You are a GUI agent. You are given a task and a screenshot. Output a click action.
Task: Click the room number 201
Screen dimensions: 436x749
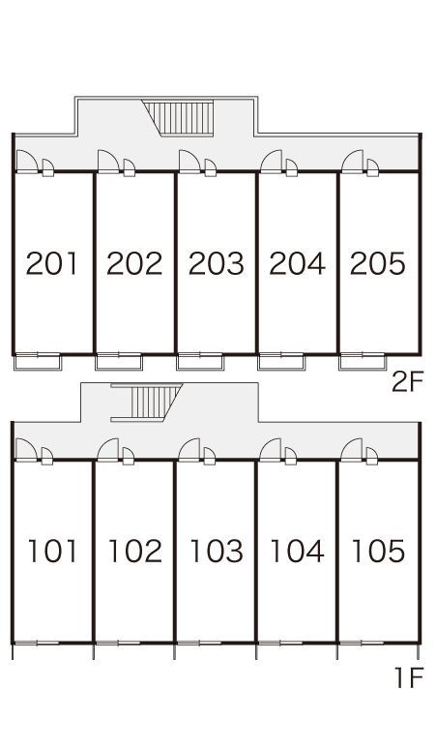tap(51, 263)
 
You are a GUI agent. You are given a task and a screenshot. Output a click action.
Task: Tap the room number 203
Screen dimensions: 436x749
tap(217, 263)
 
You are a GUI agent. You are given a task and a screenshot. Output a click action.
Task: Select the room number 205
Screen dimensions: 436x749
tap(378, 263)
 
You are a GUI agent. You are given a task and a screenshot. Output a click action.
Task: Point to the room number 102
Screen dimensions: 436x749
tap(135, 551)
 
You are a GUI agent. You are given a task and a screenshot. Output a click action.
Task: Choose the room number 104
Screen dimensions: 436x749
tap(297, 551)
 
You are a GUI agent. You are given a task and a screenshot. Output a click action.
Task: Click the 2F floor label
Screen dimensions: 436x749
tap(407, 382)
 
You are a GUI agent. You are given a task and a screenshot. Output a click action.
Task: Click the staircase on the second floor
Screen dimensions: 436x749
tap(179, 118)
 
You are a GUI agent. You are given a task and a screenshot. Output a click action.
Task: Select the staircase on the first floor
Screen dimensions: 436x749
tap(147, 403)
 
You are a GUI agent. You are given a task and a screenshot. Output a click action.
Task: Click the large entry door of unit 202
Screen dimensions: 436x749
tap(108, 161)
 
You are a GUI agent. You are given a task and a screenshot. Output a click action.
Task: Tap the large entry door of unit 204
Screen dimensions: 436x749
tap(271, 161)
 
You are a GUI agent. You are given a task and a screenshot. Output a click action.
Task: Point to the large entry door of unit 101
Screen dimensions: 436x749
tap(26, 449)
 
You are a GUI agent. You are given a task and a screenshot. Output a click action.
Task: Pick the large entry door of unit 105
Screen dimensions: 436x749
tap(352, 449)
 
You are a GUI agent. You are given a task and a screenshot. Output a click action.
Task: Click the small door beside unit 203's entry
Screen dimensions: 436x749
tap(211, 167)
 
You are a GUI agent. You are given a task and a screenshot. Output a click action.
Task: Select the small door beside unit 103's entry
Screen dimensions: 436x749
tap(210, 456)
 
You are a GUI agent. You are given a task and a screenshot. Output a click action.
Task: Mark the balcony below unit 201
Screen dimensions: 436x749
tap(38, 362)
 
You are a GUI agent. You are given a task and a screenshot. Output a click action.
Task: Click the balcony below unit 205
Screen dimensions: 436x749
tap(363, 362)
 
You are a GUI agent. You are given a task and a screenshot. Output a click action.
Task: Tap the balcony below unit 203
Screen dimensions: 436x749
tap(200, 362)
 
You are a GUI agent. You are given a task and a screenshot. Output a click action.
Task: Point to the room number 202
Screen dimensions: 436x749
tap(134, 263)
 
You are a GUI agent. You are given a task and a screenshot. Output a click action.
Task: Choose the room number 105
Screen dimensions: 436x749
tap(378, 551)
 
